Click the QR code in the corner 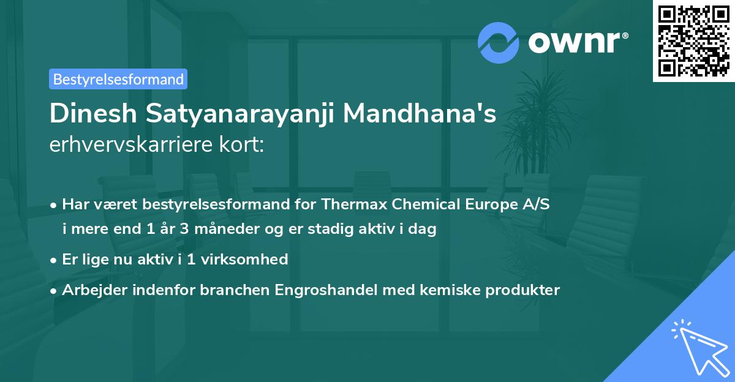(x=693, y=41)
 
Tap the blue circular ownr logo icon (x=499, y=43)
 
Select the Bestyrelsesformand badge (x=118, y=79)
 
